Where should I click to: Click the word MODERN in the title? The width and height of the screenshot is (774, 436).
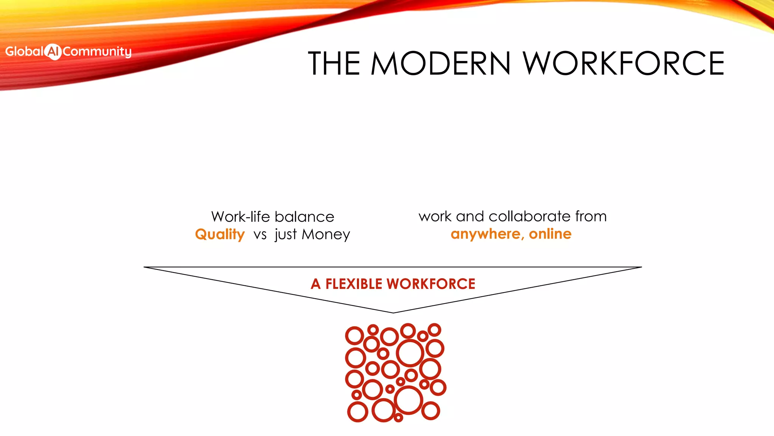pyautogui.click(x=441, y=64)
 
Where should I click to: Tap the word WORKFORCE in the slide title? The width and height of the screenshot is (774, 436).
pyautogui.click(x=624, y=64)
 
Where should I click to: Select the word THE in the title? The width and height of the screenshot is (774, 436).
pyautogui.click(x=334, y=64)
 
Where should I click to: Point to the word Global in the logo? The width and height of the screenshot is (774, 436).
pyautogui.click(x=24, y=51)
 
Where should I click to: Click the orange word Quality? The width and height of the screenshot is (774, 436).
pyautogui.click(x=220, y=235)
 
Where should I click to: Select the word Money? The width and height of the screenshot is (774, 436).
pyautogui.click(x=326, y=235)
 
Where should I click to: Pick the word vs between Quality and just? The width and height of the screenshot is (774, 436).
pyautogui.click(x=260, y=235)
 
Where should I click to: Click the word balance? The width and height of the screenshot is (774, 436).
pyautogui.click(x=305, y=217)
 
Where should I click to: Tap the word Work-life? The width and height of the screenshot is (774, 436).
pyautogui.click(x=240, y=217)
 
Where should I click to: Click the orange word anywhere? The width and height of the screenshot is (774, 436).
pyautogui.click(x=487, y=234)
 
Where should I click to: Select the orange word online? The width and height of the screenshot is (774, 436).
pyautogui.click(x=550, y=234)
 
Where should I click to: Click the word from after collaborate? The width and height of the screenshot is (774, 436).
pyautogui.click(x=591, y=216)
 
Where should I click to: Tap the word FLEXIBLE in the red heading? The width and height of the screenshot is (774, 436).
pyautogui.click(x=354, y=284)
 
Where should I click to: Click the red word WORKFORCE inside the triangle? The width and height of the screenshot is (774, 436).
pyautogui.click(x=431, y=284)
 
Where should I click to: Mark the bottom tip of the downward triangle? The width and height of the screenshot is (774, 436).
pyautogui.click(x=393, y=312)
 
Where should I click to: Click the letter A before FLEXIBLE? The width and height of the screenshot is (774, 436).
pyautogui.click(x=316, y=284)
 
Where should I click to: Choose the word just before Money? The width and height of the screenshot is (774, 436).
pyautogui.click(x=286, y=235)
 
